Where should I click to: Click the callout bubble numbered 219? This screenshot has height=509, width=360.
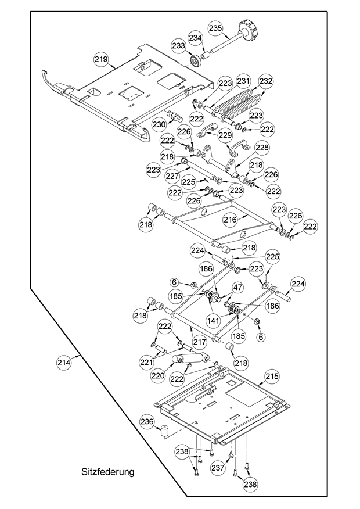[102, 59]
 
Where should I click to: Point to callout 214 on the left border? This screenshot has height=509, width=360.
[63, 363]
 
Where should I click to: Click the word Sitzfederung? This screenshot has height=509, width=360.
[108, 472]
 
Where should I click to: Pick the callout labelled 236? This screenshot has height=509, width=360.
[147, 422]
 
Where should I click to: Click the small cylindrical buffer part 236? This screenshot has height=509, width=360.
[164, 432]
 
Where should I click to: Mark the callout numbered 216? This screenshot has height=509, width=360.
[231, 220]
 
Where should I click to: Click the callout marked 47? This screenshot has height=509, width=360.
[237, 287]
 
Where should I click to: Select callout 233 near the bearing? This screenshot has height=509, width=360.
[178, 46]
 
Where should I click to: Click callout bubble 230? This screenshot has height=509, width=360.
[159, 124]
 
